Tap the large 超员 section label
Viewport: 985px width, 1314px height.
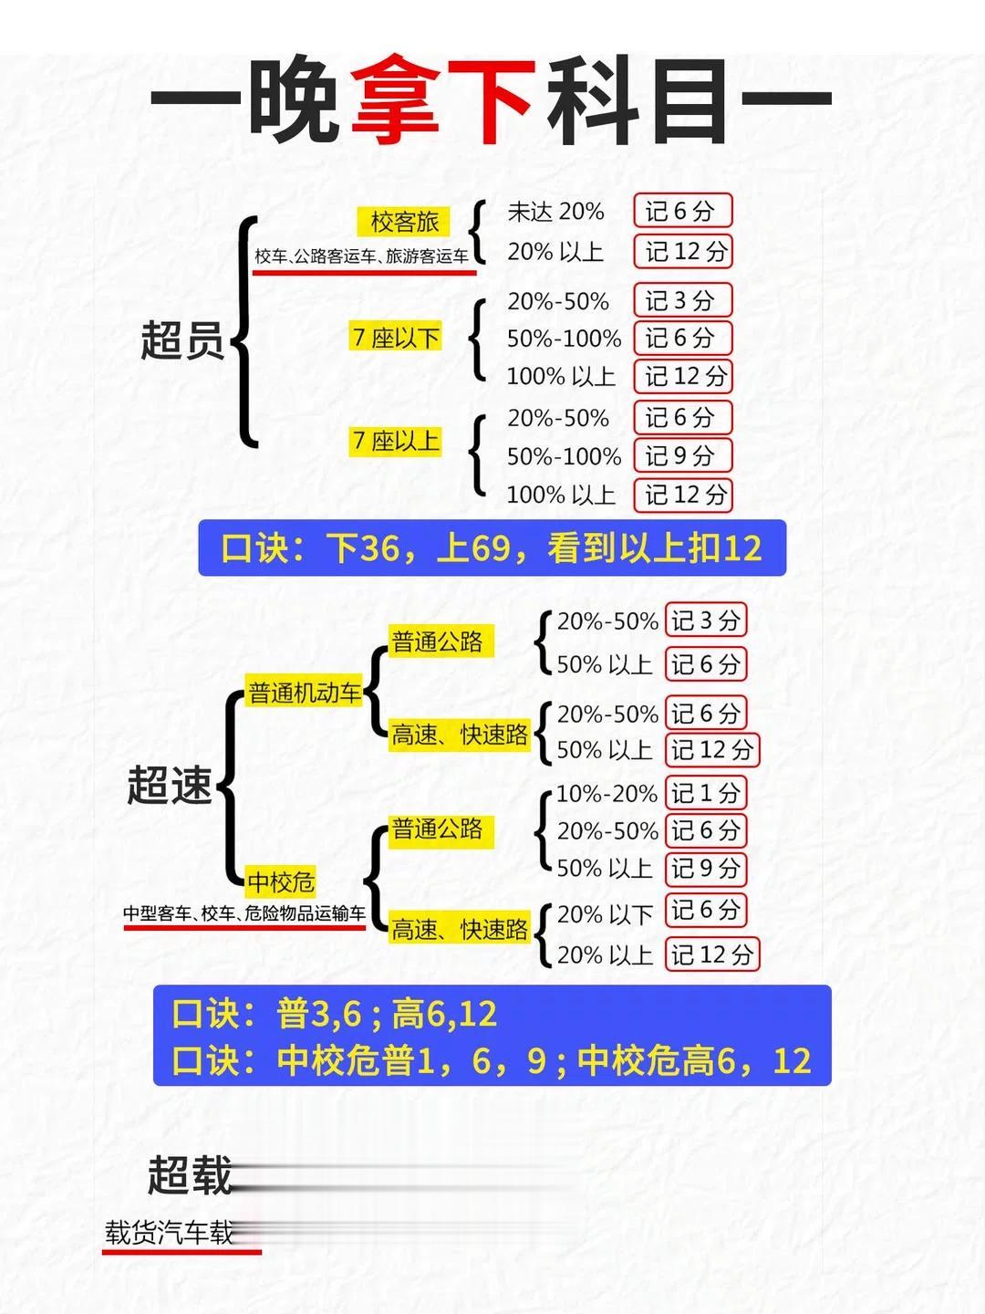182,340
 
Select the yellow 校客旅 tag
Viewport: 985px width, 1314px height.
404,222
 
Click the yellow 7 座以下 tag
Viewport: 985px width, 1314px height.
396,338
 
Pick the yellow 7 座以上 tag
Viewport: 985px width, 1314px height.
396,442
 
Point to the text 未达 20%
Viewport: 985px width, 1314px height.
555,212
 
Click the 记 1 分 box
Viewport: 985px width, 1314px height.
705,793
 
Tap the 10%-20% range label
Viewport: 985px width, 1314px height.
607,794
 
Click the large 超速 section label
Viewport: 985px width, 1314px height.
170,786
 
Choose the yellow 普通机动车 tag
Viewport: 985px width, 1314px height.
305,693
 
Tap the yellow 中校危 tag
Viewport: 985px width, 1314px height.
281,882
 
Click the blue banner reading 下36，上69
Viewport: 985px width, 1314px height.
492,548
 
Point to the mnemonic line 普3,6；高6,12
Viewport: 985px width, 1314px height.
335,1014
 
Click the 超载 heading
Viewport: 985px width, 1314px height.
190,1175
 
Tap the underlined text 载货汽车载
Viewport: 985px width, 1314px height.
170,1234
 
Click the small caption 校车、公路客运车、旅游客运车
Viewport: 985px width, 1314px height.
362,256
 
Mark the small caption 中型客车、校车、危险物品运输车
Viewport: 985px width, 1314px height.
244,913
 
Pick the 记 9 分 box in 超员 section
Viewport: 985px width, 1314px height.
682,456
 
